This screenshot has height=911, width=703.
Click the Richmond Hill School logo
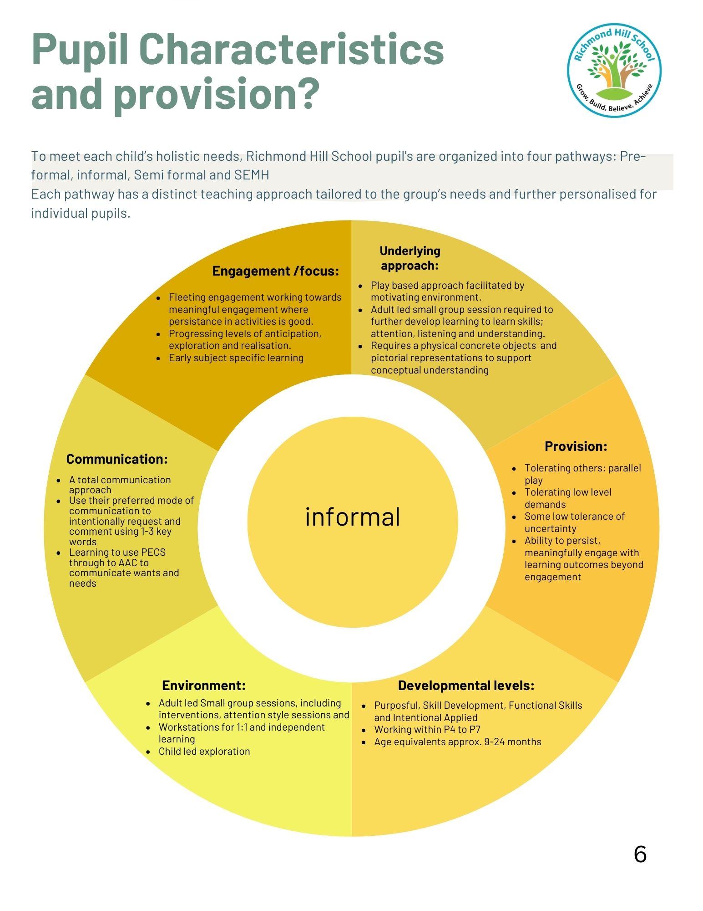tap(614, 70)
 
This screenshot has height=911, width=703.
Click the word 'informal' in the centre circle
tap(353, 517)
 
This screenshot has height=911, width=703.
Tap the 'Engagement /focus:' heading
tap(276, 271)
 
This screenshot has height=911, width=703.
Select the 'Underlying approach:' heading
tap(410, 258)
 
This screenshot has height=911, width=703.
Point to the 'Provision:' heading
tap(576, 446)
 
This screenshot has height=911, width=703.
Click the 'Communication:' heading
tap(117, 459)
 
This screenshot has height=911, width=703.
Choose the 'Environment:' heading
tap(204, 685)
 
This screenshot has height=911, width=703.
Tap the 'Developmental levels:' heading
tap(466, 685)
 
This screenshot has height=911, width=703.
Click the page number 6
tap(640, 854)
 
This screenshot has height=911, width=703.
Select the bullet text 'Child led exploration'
tap(204, 751)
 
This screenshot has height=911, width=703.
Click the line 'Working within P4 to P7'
tap(427, 729)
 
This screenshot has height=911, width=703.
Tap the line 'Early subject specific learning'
tap(236, 358)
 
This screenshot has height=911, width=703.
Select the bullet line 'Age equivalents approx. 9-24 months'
tap(457, 742)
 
